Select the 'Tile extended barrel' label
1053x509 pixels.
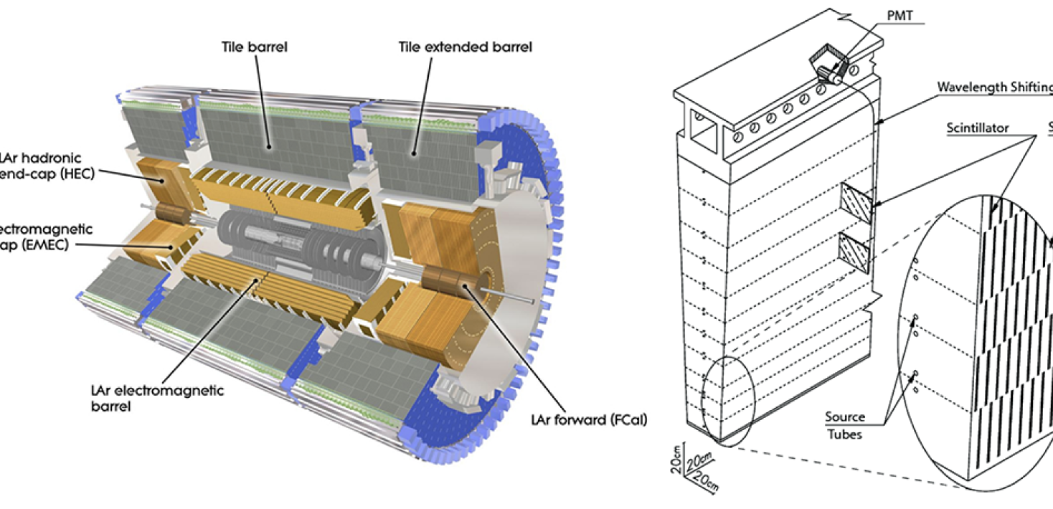coord(466,48)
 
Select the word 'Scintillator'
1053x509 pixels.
coord(977,128)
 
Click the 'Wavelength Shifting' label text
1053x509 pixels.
coord(993,87)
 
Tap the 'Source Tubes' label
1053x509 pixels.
coord(845,425)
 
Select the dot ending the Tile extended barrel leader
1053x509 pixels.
coord(415,151)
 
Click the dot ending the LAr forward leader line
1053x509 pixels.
coord(466,287)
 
